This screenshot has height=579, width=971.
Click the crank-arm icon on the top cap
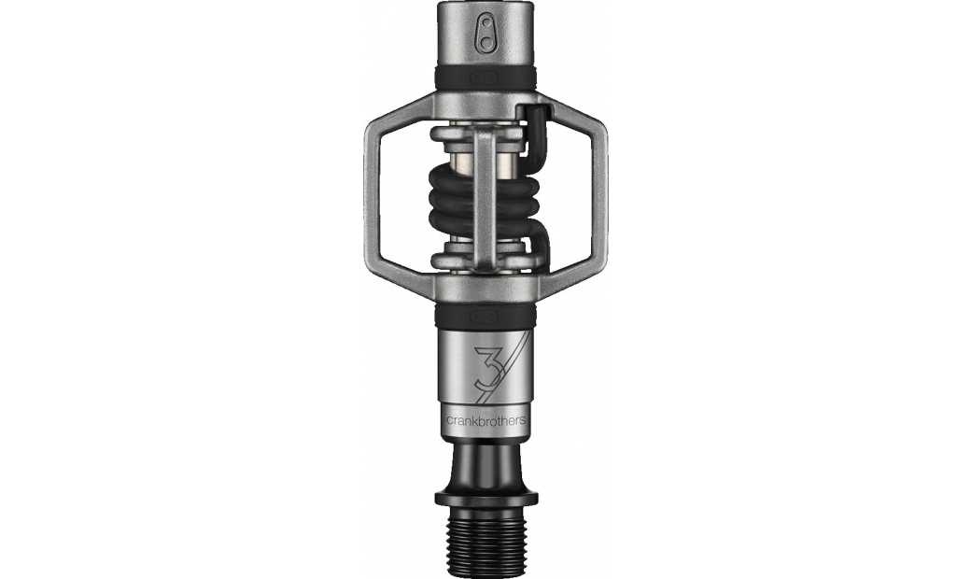pyautogui.click(x=485, y=34)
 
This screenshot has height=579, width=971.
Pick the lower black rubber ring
pyautogui.click(x=485, y=315)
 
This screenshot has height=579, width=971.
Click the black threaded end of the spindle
pyautogui.click(x=485, y=542)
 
